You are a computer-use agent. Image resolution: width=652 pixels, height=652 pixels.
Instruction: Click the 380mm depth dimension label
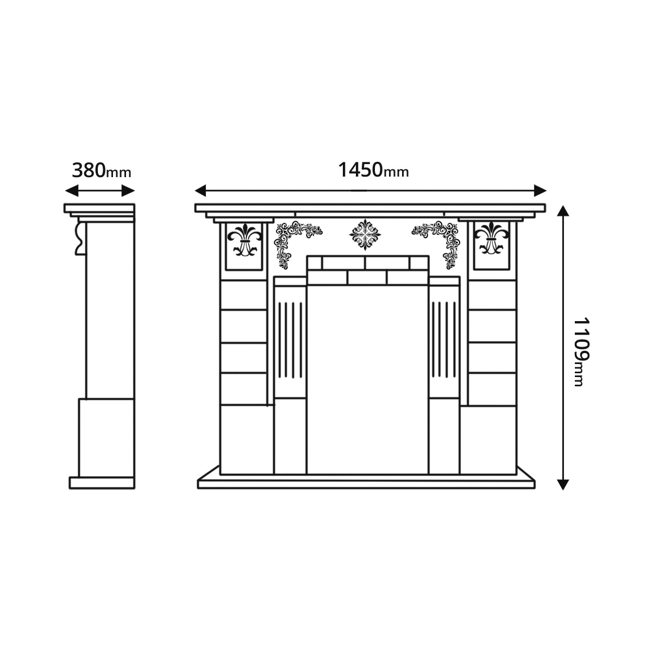pos(102,172)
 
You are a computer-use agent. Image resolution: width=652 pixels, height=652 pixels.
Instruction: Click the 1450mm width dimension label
pos(373,171)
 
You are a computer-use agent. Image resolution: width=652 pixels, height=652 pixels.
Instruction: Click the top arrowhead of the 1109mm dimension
pos(563,212)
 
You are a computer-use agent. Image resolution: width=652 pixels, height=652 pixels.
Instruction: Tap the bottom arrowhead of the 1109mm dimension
pos(563,483)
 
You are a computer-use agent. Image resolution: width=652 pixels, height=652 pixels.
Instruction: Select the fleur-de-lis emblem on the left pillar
pos(243,240)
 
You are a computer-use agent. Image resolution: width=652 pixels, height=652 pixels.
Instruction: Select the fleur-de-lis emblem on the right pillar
pos(491,240)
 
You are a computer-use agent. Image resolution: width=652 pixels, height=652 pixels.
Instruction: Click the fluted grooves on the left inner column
pos(290,340)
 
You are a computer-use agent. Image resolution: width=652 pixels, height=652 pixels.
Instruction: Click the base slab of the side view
pos(102,482)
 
